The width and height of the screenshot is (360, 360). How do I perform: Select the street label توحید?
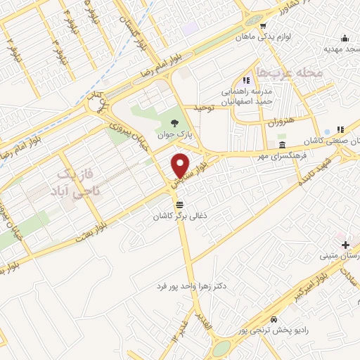(x=202, y=107)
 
